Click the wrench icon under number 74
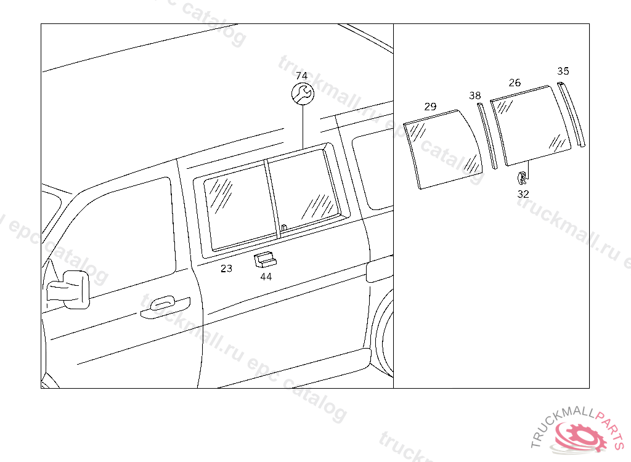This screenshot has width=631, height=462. [x=303, y=94]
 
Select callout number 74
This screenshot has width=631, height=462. [x=301, y=76]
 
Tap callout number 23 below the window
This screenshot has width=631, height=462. [x=226, y=269]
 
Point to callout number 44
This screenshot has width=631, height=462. [x=266, y=277]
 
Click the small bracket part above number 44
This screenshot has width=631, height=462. [x=265, y=260]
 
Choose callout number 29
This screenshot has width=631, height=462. [x=430, y=107]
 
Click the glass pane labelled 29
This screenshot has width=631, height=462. [x=442, y=150]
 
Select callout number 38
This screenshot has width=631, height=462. [x=475, y=95]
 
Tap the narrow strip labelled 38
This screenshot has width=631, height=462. [x=487, y=136]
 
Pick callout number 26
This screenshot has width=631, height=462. [x=515, y=83]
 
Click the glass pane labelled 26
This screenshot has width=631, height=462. [x=531, y=126]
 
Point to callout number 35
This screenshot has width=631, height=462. [x=563, y=71]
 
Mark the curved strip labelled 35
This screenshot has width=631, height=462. [x=571, y=115]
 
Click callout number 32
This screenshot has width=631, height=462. [x=523, y=194]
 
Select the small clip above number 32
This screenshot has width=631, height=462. [x=522, y=176]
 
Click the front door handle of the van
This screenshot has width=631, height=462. [x=165, y=307]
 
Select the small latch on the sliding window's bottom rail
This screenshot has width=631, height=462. [x=284, y=228]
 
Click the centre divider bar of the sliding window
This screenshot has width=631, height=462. [x=272, y=199]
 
